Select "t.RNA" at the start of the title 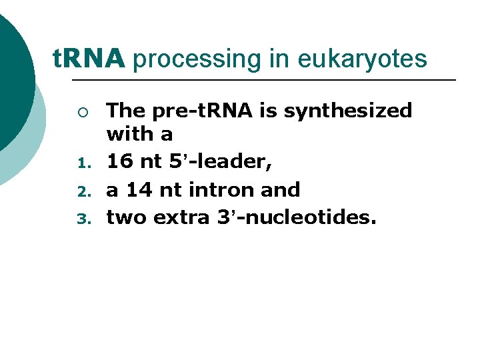[89, 59]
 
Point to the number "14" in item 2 [139, 190]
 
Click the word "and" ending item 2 [281, 190]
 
